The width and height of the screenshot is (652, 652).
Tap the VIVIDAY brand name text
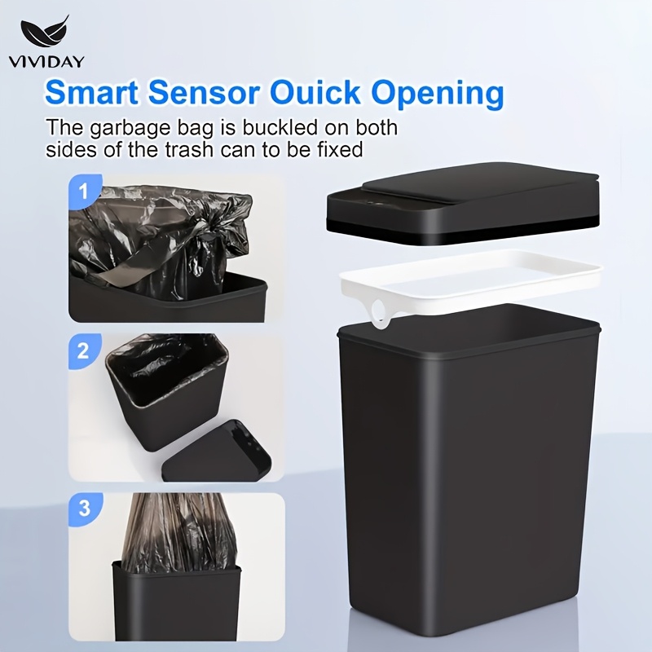pyautogui.click(x=46, y=61)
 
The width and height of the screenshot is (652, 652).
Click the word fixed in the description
pyautogui.click(x=340, y=149)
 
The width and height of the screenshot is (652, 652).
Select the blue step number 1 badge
pyautogui.click(x=84, y=192)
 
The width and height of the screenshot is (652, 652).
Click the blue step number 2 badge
pyautogui.click(x=84, y=351)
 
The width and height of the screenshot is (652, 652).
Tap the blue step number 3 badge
pyautogui.click(x=85, y=509)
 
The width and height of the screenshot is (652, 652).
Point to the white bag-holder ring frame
pyautogui.click(x=471, y=275)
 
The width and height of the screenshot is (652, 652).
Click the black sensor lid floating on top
pyautogui.click(x=463, y=204)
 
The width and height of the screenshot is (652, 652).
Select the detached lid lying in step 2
pyautogui.click(x=216, y=452)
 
